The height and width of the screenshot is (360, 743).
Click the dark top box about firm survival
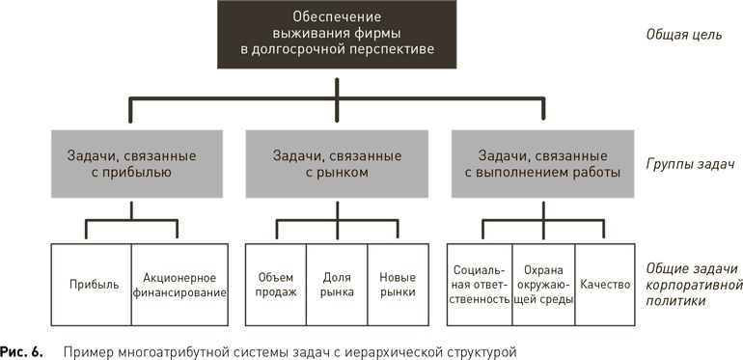(x=337, y=36)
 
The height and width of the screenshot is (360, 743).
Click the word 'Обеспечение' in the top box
(x=337, y=17)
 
